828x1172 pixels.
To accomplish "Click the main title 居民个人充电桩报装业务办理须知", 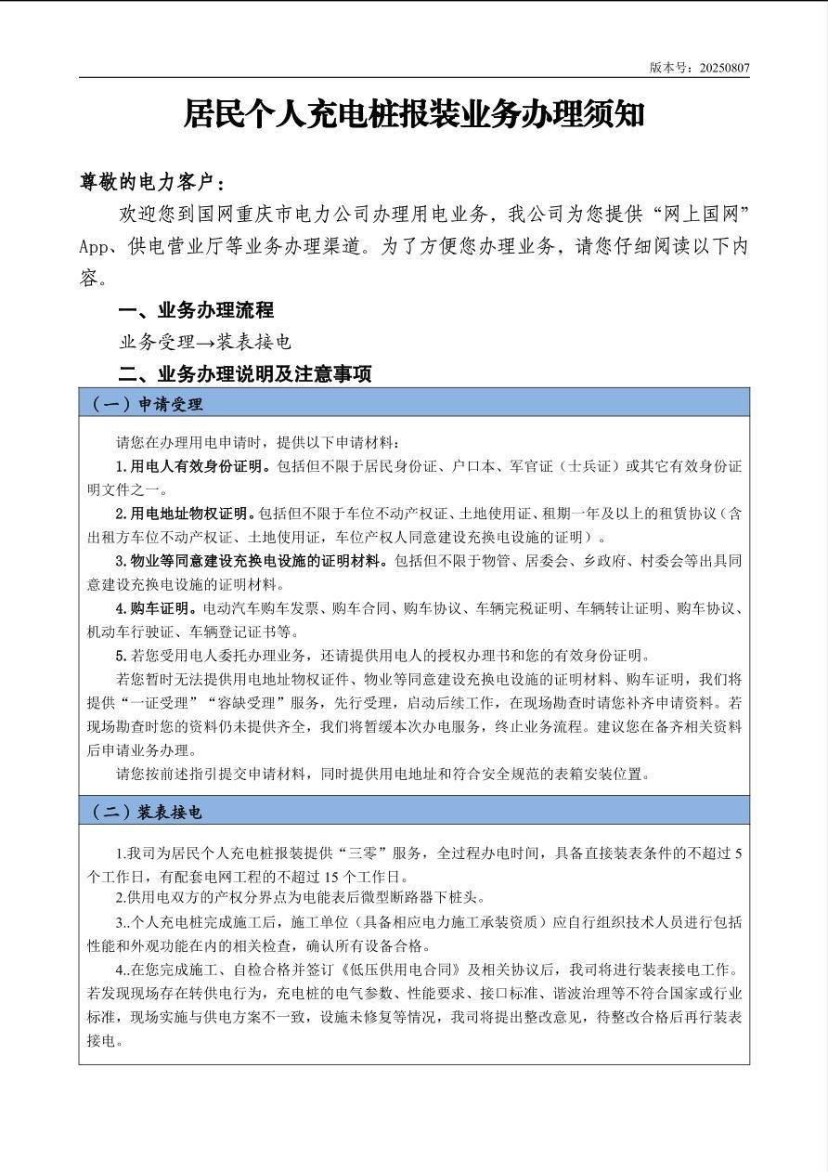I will (414, 114).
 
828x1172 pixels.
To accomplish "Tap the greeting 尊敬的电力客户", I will (150, 181).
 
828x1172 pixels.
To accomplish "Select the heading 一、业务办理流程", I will (196, 310).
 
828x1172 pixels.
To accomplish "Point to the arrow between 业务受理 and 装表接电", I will (206, 342).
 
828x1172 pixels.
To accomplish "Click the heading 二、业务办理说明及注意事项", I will (245, 374).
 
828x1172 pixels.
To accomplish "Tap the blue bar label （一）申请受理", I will (146, 404).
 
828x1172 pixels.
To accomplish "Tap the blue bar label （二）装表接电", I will (146, 812).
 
